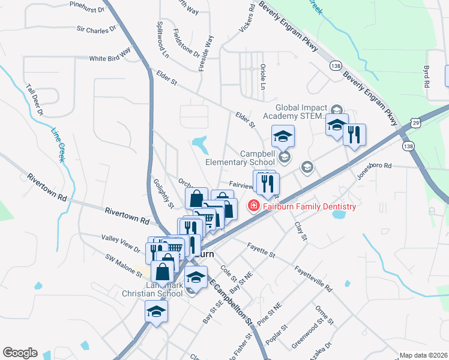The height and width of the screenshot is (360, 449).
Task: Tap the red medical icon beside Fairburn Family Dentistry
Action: (x=253, y=206)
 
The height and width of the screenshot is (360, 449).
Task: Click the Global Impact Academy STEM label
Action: (x=300, y=111)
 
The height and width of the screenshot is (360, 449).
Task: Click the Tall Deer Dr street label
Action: (x=35, y=100)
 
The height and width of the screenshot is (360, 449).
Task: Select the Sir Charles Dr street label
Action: (x=97, y=29)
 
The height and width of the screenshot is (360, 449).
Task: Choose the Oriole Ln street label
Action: (x=262, y=77)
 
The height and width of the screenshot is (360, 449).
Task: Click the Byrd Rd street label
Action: (x=427, y=77)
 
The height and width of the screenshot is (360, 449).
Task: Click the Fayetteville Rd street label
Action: (x=313, y=279)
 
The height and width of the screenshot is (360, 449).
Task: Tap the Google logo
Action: (x=20, y=353)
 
